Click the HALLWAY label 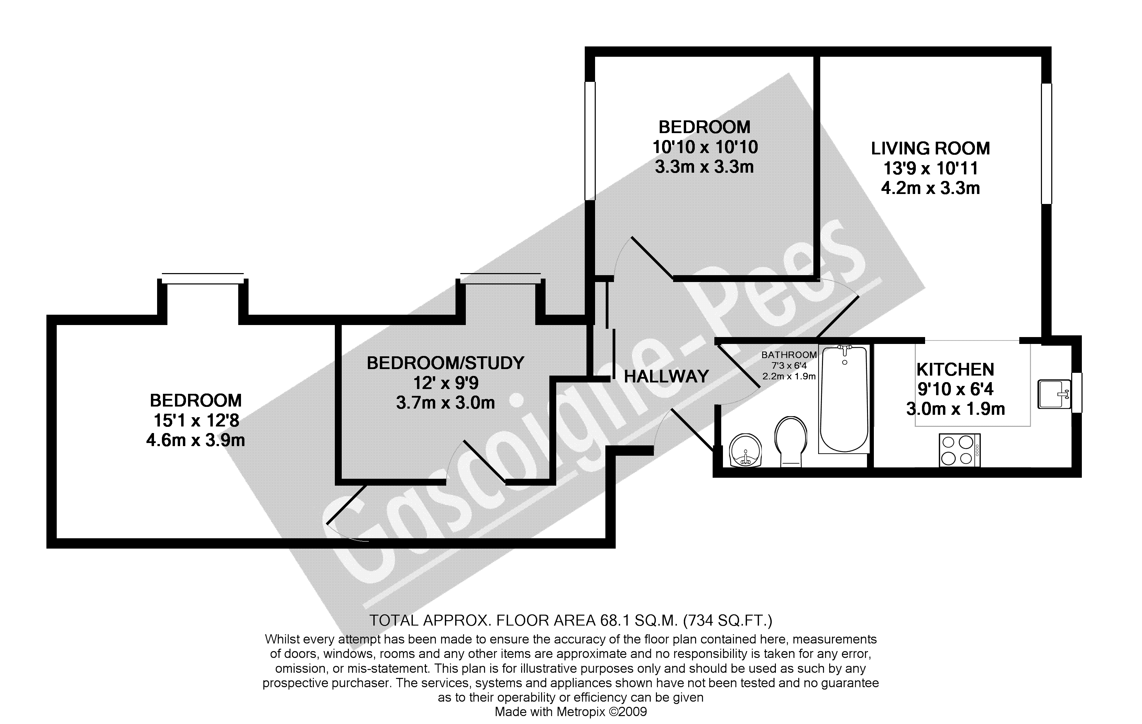pyautogui.click(x=666, y=377)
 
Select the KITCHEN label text pyautogui.click(x=955, y=370)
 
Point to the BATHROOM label pyautogui.click(x=789, y=355)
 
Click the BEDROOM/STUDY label pyautogui.click(x=445, y=363)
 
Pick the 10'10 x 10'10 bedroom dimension pyautogui.click(x=705, y=147)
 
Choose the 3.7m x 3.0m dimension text pyautogui.click(x=445, y=403)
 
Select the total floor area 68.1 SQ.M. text pyautogui.click(x=571, y=620)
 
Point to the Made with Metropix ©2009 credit pyautogui.click(x=571, y=712)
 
